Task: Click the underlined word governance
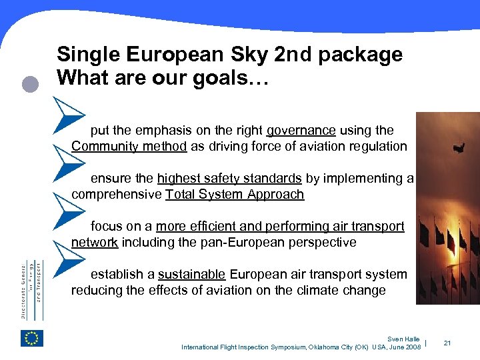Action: (301, 131)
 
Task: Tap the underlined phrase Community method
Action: (129, 147)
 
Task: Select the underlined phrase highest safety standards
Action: (229, 179)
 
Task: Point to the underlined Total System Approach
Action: (235, 195)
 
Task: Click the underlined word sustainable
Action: (192, 275)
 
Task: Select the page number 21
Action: (447, 343)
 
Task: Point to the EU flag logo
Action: (32, 339)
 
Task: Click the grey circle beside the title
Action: (29, 85)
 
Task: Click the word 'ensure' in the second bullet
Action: (110, 179)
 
